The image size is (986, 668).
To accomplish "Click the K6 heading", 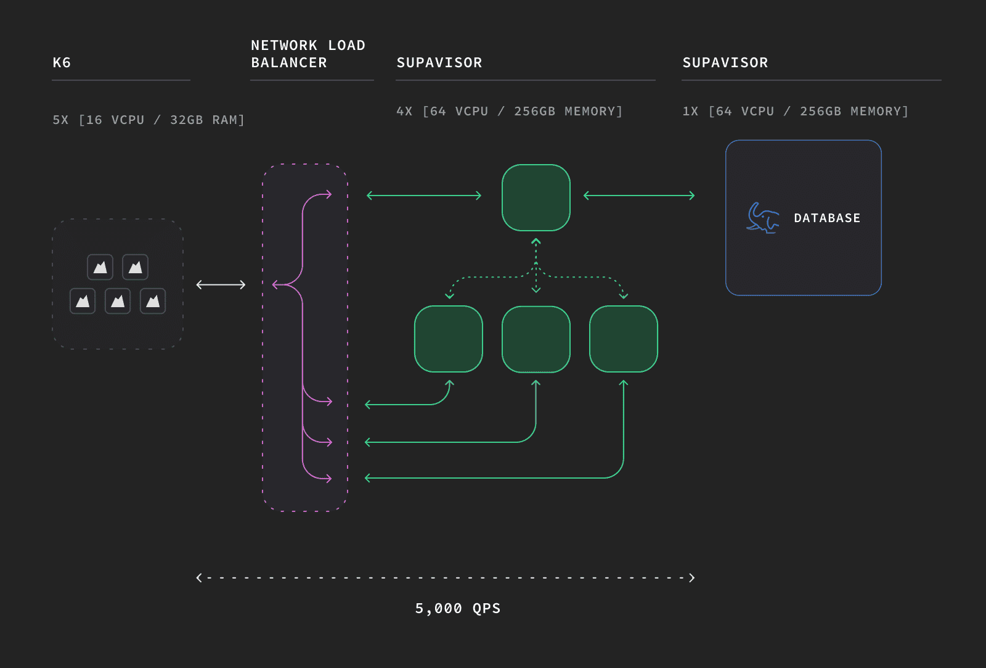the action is tap(62, 62).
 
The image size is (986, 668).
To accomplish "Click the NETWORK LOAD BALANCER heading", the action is tap(308, 54).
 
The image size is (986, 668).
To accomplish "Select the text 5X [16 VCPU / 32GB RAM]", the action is tap(149, 120).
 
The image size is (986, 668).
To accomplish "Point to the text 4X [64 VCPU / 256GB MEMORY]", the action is tap(509, 111).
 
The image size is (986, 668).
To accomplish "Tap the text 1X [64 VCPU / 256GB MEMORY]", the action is tap(796, 111).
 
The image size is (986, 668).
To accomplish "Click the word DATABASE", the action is tap(827, 218).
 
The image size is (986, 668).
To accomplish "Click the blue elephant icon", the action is tap(763, 218).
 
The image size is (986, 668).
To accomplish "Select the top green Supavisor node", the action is tap(536, 197).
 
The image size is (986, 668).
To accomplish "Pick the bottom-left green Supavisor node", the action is tap(449, 339).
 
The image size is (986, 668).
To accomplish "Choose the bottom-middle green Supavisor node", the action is tap(536, 339).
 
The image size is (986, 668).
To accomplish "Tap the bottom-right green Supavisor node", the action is tap(624, 339).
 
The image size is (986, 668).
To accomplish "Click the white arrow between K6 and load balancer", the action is tap(221, 284).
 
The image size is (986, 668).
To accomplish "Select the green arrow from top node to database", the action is tap(639, 196).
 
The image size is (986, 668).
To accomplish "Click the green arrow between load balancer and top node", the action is tap(424, 196).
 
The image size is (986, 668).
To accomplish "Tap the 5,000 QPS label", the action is tap(458, 609).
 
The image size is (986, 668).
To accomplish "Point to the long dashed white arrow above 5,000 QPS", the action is tap(446, 578).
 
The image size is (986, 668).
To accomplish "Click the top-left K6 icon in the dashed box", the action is tap(100, 267).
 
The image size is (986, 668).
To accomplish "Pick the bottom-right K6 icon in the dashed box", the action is tap(153, 302).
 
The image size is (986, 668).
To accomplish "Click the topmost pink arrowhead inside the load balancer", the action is tap(328, 194).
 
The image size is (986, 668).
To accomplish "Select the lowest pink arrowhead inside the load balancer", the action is tap(328, 479).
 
